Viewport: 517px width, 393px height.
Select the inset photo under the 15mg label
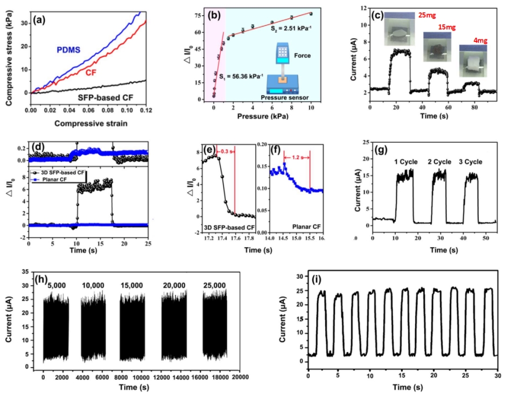437,49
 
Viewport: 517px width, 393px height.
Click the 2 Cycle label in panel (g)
440,162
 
